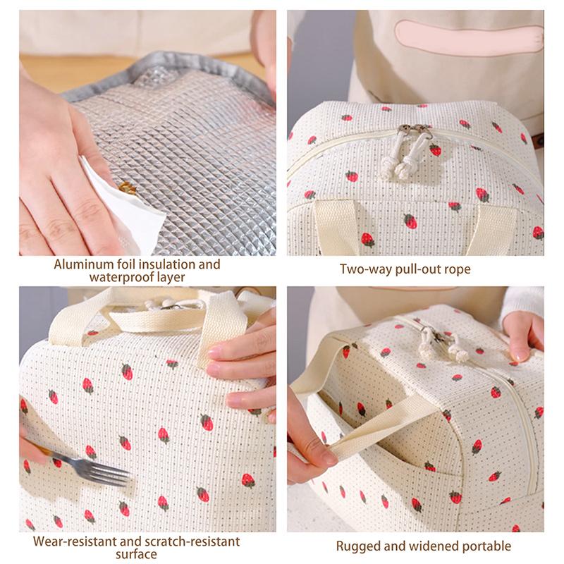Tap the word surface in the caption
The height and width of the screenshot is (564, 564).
[x=138, y=554]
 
